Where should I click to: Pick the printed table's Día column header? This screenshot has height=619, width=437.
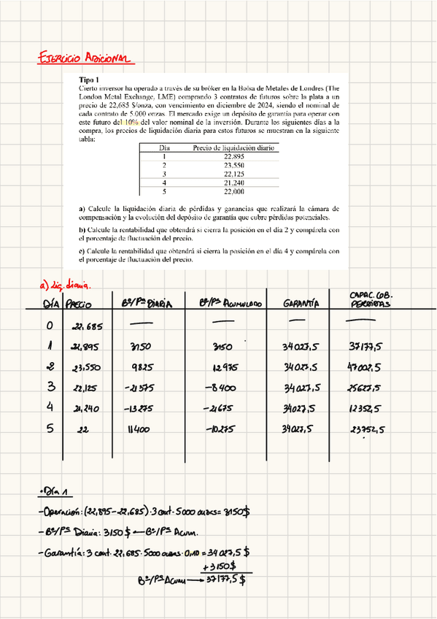pos(165,147)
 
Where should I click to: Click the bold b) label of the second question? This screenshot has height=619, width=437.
pos(82,229)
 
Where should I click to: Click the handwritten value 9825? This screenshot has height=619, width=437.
pos(142,367)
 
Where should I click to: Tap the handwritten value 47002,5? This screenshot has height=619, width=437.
pos(372,367)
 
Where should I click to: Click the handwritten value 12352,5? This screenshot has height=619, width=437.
pos(371,410)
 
